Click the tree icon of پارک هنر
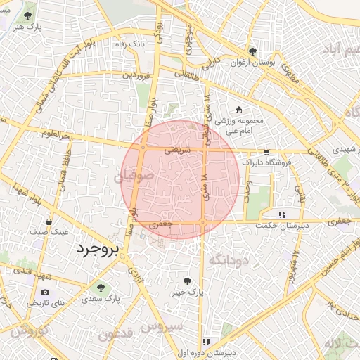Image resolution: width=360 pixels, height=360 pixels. click(28, 15)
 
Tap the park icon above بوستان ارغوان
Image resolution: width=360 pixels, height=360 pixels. click(252, 51)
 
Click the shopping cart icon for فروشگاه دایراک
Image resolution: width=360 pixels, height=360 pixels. click(266, 152)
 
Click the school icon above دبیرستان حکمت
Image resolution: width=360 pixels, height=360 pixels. click(282, 214)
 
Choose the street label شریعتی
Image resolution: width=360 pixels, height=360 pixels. click(176, 150)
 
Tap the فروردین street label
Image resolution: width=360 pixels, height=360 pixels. click(136, 74)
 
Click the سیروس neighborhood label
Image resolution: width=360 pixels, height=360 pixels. click(162, 327)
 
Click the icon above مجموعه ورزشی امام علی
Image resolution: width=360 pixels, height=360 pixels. click(238, 109)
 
